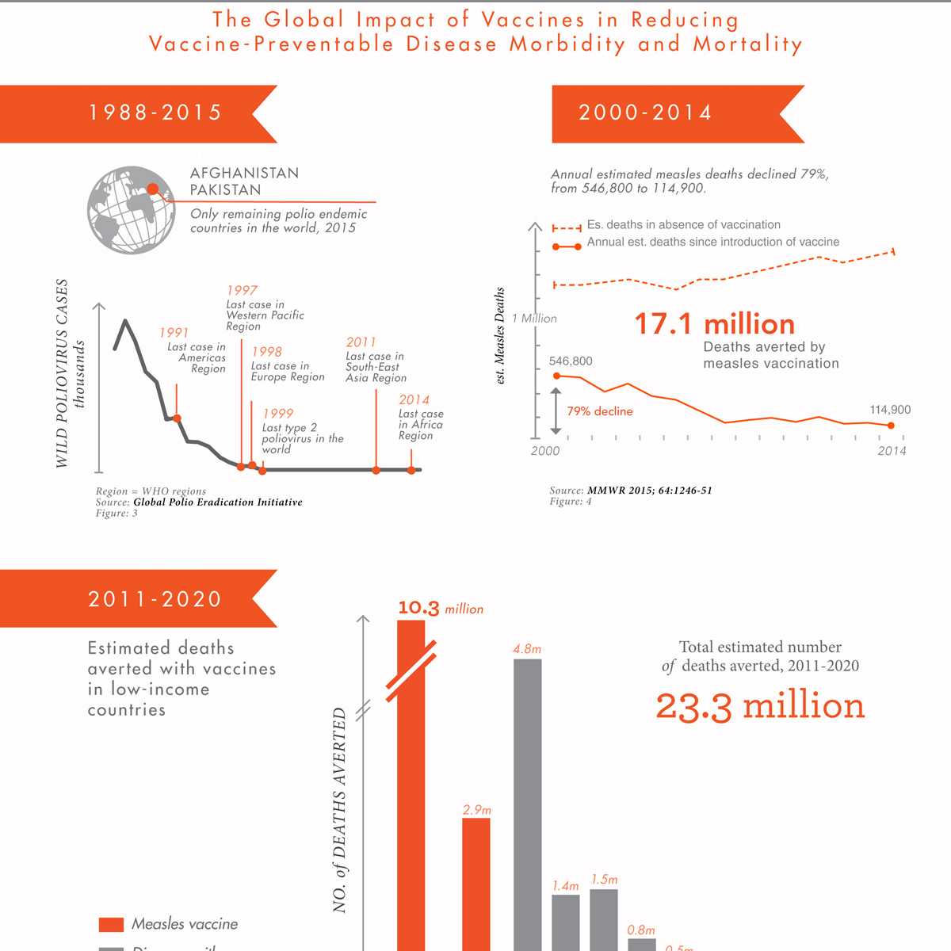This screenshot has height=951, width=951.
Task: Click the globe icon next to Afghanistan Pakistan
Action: coord(131,210)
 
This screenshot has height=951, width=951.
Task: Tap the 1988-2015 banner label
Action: coord(155,113)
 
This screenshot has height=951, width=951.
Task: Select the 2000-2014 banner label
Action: coord(645,113)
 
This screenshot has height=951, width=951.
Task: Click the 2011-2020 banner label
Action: coord(155,599)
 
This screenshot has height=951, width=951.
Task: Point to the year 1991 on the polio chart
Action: coord(174,333)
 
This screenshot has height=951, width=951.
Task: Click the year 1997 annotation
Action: coord(242,291)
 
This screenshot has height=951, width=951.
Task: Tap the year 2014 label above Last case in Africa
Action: coord(414,400)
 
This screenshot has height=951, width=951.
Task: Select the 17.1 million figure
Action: coord(714,324)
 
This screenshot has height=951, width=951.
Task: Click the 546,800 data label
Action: coord(571,361)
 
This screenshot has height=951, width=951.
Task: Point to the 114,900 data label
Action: coord(890,410)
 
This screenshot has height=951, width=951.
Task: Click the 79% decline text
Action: coord(600,411)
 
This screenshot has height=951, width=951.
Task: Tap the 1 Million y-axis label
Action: coord(534,319)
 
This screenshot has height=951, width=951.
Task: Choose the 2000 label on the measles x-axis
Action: coord(544,451)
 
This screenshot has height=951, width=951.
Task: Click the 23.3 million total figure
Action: coord(760,706)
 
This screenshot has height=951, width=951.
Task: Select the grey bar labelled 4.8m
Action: coord(528,800)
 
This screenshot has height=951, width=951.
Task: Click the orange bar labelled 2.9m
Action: coord(476,880)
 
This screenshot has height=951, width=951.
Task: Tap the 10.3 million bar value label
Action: coord(440,609)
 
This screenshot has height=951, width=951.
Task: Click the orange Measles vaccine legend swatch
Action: coord(111,924)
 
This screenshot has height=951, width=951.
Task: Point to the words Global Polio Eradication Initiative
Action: coord(218,502)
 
